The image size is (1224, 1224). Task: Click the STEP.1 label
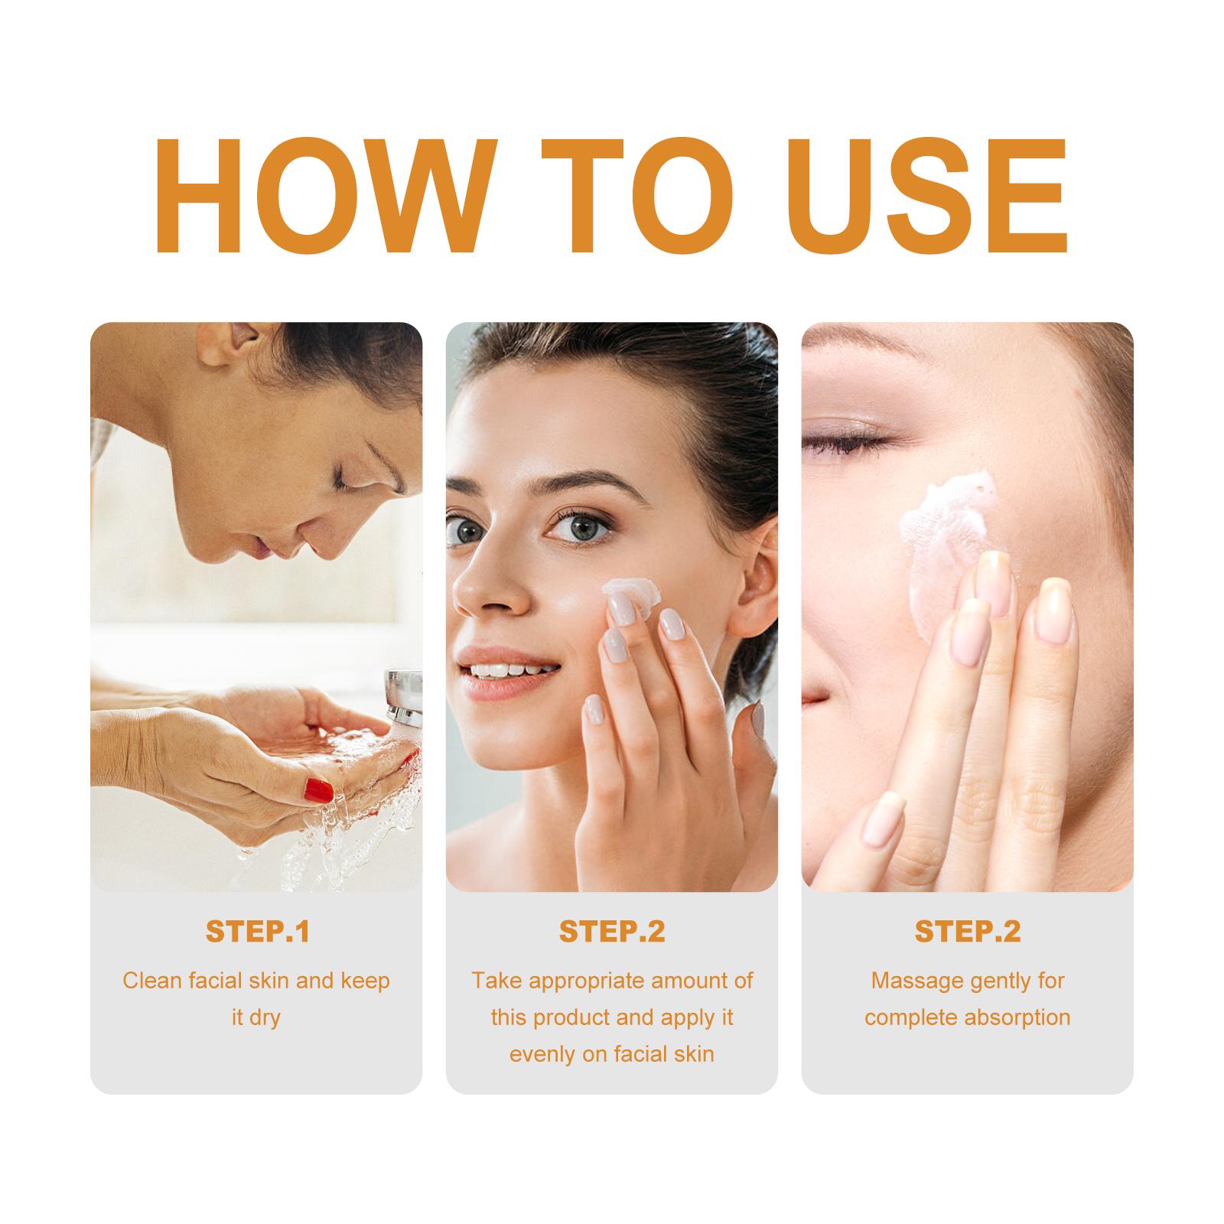point(256,932)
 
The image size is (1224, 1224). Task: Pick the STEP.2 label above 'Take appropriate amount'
point(612,932)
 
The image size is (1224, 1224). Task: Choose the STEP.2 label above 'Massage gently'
point(968,932)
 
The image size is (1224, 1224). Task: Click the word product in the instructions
point(585,1018)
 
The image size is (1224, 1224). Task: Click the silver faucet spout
point(404,696)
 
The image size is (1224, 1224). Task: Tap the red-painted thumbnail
point(318,789)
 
